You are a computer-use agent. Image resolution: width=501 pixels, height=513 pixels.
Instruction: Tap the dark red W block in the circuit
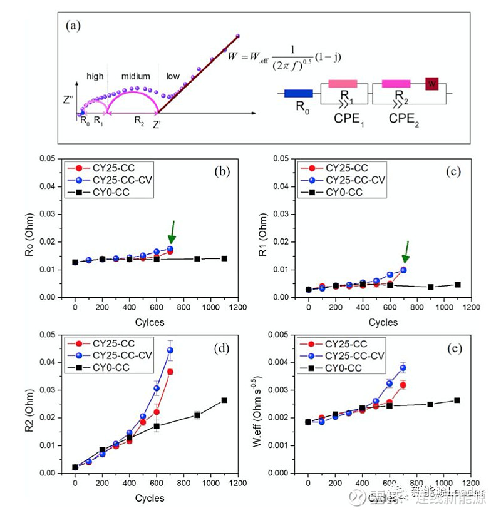tap(431, 83)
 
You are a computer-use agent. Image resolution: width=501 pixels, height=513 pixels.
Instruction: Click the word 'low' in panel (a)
tap(173, 76)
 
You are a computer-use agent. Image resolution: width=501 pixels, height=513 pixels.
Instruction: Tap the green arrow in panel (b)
tap(172, 231)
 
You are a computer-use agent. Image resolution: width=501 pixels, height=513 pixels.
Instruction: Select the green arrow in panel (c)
tap(406, 251)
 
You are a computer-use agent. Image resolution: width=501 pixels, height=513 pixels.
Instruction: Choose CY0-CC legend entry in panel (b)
tap(111, 192)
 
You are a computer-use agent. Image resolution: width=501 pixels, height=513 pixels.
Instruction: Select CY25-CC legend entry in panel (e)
tap(343, 344)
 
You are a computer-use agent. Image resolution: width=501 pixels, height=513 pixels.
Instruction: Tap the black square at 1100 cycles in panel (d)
tap(224, 400)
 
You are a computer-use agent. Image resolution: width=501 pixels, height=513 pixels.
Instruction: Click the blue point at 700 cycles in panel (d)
tap(170, 350)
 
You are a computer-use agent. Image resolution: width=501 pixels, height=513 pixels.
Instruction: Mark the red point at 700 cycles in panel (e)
tap(403, 385)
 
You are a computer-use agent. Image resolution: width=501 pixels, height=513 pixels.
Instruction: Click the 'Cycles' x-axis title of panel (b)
tap(150, 322)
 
